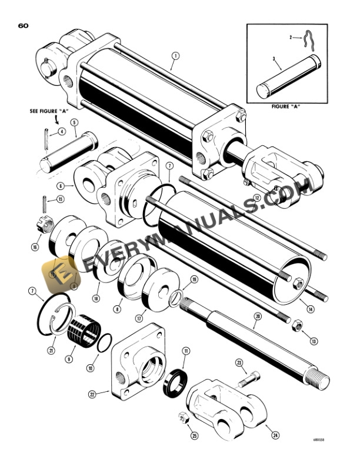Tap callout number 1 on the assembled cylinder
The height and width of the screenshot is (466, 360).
coord(175,57)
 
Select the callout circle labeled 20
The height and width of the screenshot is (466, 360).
coord(256,316)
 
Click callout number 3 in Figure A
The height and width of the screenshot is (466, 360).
coord(274,59)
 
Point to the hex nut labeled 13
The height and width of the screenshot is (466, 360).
coord(298,324)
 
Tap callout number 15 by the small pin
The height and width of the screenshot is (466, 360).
coord(60,199)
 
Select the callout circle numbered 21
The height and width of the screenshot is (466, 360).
coord(51,351)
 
